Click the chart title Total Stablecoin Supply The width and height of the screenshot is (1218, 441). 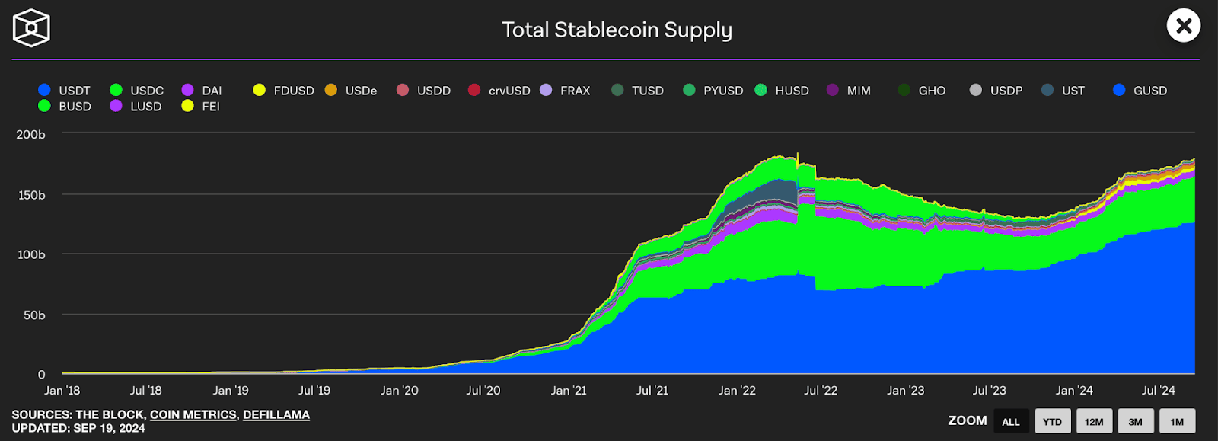(x=617, y=30)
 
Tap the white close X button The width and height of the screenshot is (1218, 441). (x=1183, y=26)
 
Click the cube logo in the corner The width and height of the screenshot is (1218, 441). (x=31, y=28)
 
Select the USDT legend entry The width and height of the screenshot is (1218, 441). (x=65, y=91)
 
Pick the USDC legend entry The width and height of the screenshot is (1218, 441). (x=137, y=91)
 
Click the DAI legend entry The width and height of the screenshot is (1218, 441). (x=202, y=91)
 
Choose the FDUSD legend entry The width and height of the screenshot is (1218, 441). (x=284, y=91)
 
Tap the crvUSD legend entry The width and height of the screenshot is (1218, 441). (x=499, y=91)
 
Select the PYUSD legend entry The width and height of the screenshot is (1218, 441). (x=713, y=91)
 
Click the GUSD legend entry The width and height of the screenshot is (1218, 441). (x=1140, y=91)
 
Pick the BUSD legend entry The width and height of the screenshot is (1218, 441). (x=65, y=107)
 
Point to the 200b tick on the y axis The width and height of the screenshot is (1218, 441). (x=31, y=135)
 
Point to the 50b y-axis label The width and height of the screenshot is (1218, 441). (x=34, y=315)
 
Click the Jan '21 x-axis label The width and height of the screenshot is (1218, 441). (x=569, y=391)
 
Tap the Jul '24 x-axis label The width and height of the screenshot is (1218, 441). (x=1158, y=391)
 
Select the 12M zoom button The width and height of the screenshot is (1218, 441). (x=1094, y=421)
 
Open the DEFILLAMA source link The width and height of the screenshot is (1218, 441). (x=276, y=415)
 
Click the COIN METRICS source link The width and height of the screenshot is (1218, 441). (x=193, y=415)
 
